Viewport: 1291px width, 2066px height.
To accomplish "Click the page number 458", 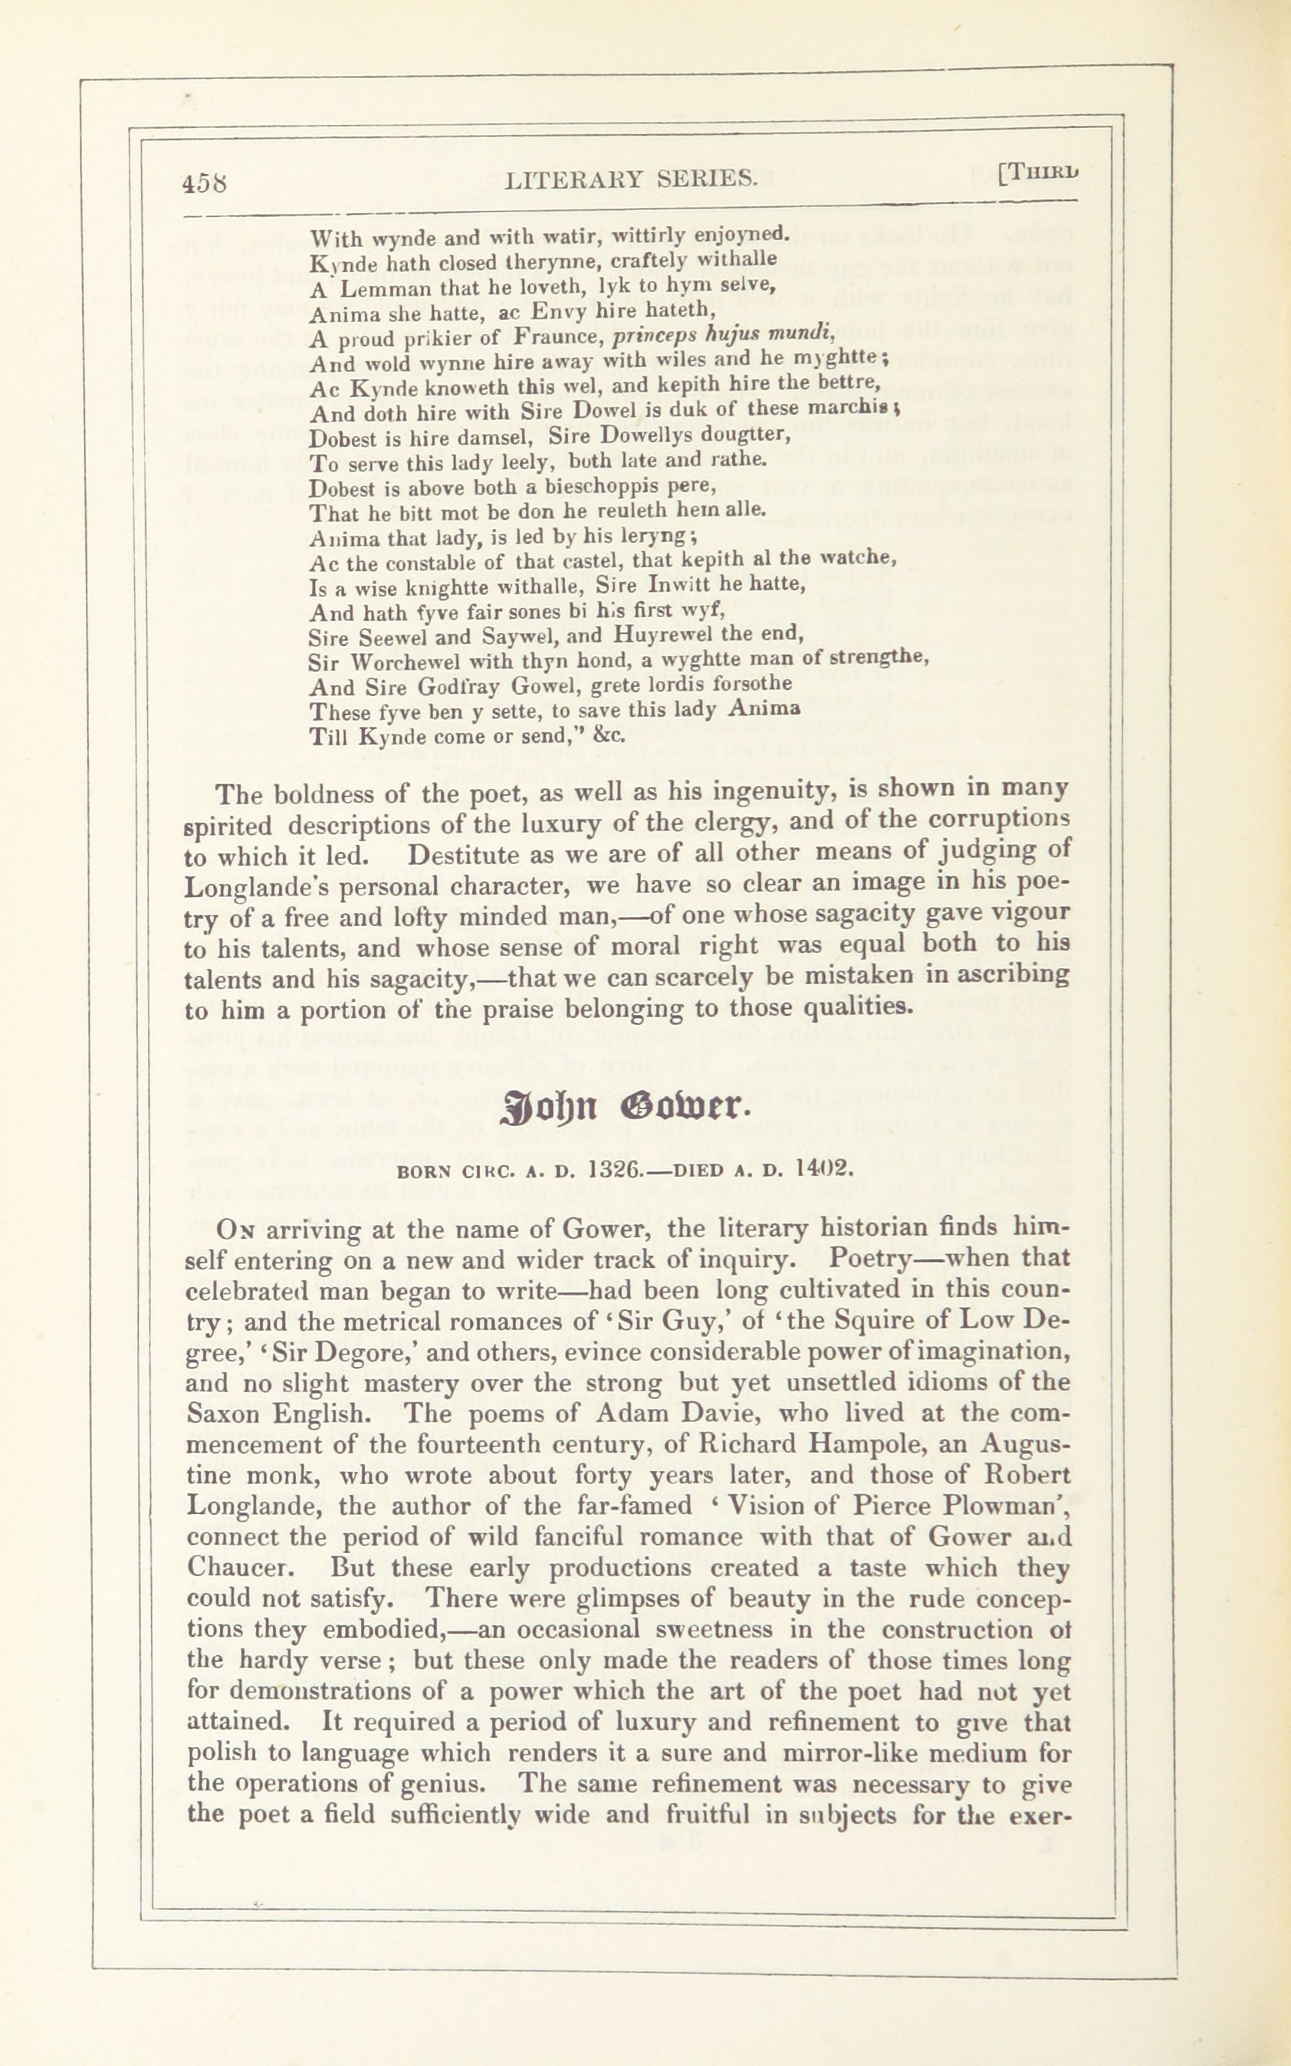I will pyautogui.click(x=204, y=182).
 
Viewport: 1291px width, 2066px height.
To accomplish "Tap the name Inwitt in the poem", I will pyautogui.click(x=673, y=585).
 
